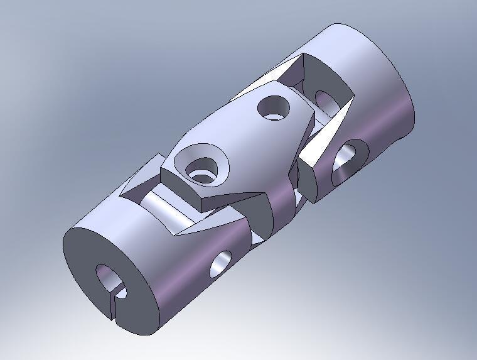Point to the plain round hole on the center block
(274, 107)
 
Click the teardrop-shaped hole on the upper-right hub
(347, 161)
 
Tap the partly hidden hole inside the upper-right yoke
(325, 101)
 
